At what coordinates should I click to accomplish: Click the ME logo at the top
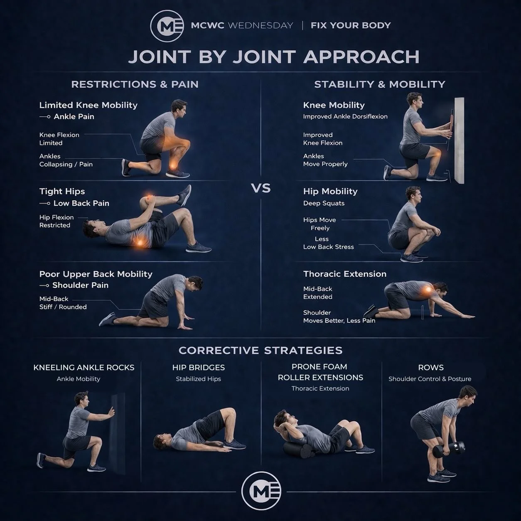click(x=167, y=26)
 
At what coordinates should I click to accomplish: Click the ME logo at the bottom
click(x=261, y=491)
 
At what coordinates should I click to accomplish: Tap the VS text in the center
click(x=261, y=188)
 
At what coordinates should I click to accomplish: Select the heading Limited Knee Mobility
click(x=88, y=105)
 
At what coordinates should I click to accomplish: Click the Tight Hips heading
click(x=62, y=191)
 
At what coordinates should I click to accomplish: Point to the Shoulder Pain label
click(x=80, y=285)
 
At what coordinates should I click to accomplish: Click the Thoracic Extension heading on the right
click(x=345, y=274)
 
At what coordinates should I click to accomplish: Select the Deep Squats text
click(x=324, y=203)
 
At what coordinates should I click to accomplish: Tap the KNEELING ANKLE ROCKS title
click(x=84, y=367)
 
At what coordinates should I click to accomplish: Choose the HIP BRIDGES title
click(x=199, y=367)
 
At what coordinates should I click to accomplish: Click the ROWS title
click(x=431, y=367)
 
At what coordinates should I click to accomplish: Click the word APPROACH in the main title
click(x=361, y=57)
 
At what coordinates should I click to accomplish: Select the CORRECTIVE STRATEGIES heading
click(x=260, y=350)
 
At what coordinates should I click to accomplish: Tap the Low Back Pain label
click(x=81, y=203)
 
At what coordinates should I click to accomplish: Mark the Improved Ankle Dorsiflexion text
click(x=345, y=116)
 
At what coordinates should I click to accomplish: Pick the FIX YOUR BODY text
click(x=351, y=25)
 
